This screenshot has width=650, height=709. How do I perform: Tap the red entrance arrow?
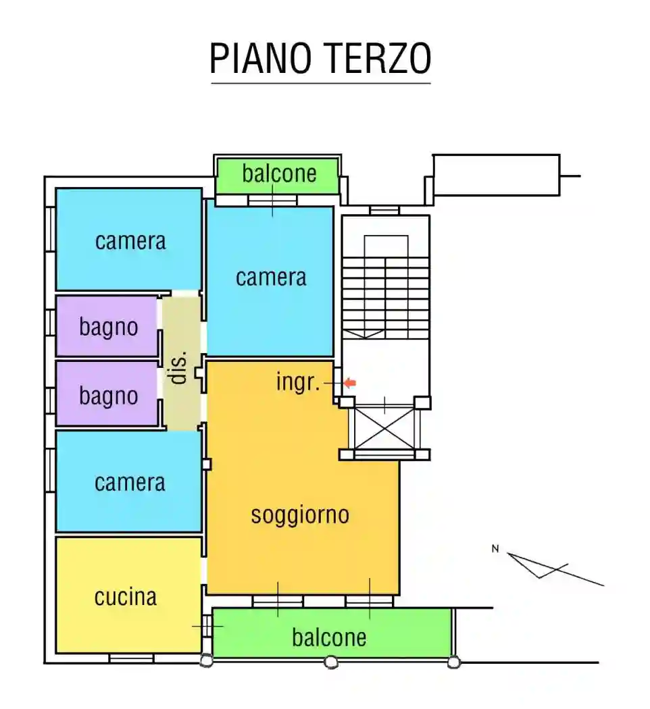click(349, 383)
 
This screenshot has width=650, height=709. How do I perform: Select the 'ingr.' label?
click(297, 382)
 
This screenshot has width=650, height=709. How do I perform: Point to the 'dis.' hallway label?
click(179, 369)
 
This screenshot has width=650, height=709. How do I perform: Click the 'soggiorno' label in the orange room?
click(300, 515)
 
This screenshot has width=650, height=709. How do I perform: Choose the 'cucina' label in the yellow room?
click(126, 597)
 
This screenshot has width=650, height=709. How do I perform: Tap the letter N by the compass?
click(495, 549)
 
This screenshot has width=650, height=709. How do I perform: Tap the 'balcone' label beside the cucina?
click(329, 637)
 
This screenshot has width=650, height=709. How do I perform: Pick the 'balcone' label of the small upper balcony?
click(279, 174)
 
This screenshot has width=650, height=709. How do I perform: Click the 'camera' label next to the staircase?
click(270, 277)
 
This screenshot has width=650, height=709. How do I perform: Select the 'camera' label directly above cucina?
click(130, 483)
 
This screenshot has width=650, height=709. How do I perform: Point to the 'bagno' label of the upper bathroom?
click(108, 327)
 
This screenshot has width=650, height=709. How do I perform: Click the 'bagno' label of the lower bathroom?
click(108, 396)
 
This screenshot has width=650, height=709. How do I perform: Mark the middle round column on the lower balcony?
click(331, 662)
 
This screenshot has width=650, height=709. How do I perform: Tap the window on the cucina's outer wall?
click(131, 658)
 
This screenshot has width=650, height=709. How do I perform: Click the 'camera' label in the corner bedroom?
click(130, 241)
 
